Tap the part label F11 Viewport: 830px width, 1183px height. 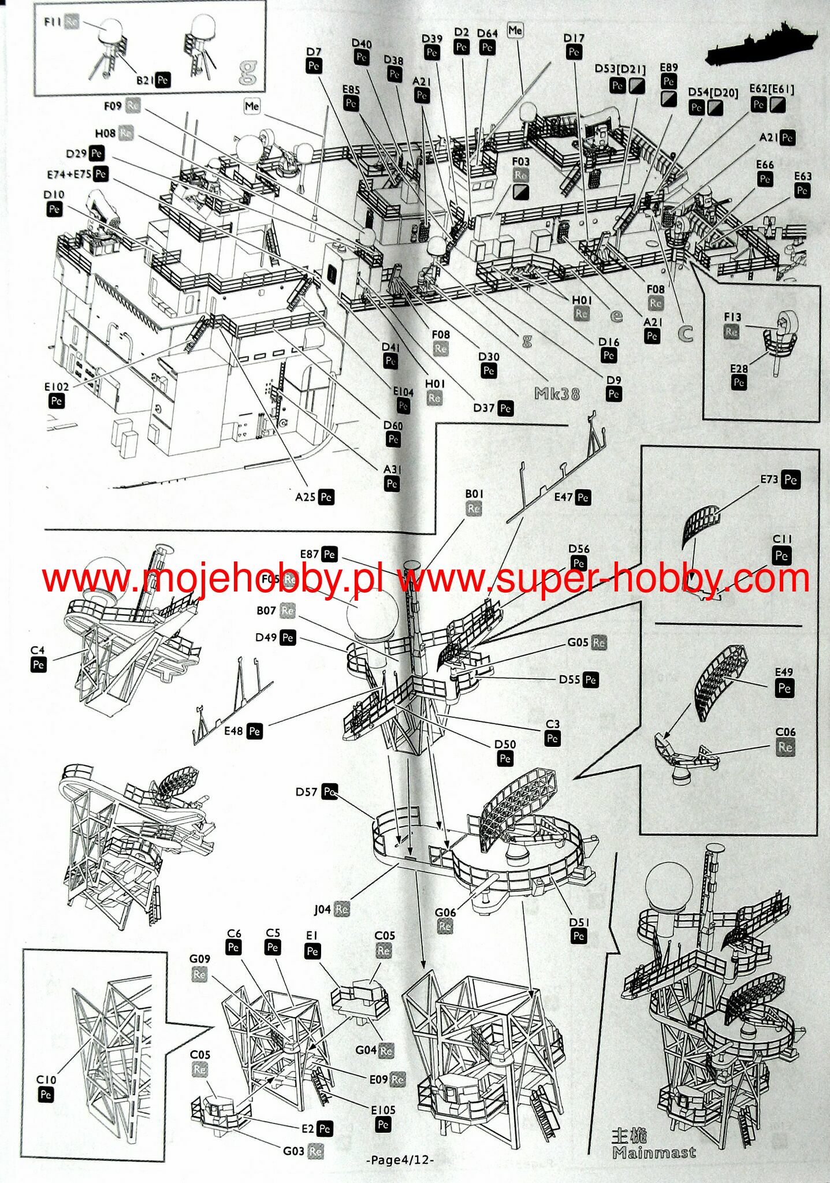point(53,22)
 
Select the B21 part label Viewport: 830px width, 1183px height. point(144,80)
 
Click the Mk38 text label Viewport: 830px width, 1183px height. point(557,394)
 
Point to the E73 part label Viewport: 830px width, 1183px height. point(769,479)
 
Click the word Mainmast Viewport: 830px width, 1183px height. point(654,1152)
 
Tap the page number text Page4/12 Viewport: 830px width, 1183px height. point(401,1160)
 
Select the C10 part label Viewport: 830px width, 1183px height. point(46,1080)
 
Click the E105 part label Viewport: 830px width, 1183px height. point(383,1110)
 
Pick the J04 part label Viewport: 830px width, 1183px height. point(322,910)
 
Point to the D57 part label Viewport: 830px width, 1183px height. point(306,791)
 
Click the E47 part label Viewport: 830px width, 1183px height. point(563,497)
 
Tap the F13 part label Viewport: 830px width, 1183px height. point(732,317)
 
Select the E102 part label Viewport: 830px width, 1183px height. point(57,386)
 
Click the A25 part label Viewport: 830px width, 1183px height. point(305,497)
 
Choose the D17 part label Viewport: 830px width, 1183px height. point(574,38)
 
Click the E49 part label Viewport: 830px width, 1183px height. point(784,672)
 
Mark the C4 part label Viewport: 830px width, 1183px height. point(38,650)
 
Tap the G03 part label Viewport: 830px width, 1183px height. point(293,1151)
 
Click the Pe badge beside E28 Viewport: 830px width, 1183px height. point(739,382)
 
